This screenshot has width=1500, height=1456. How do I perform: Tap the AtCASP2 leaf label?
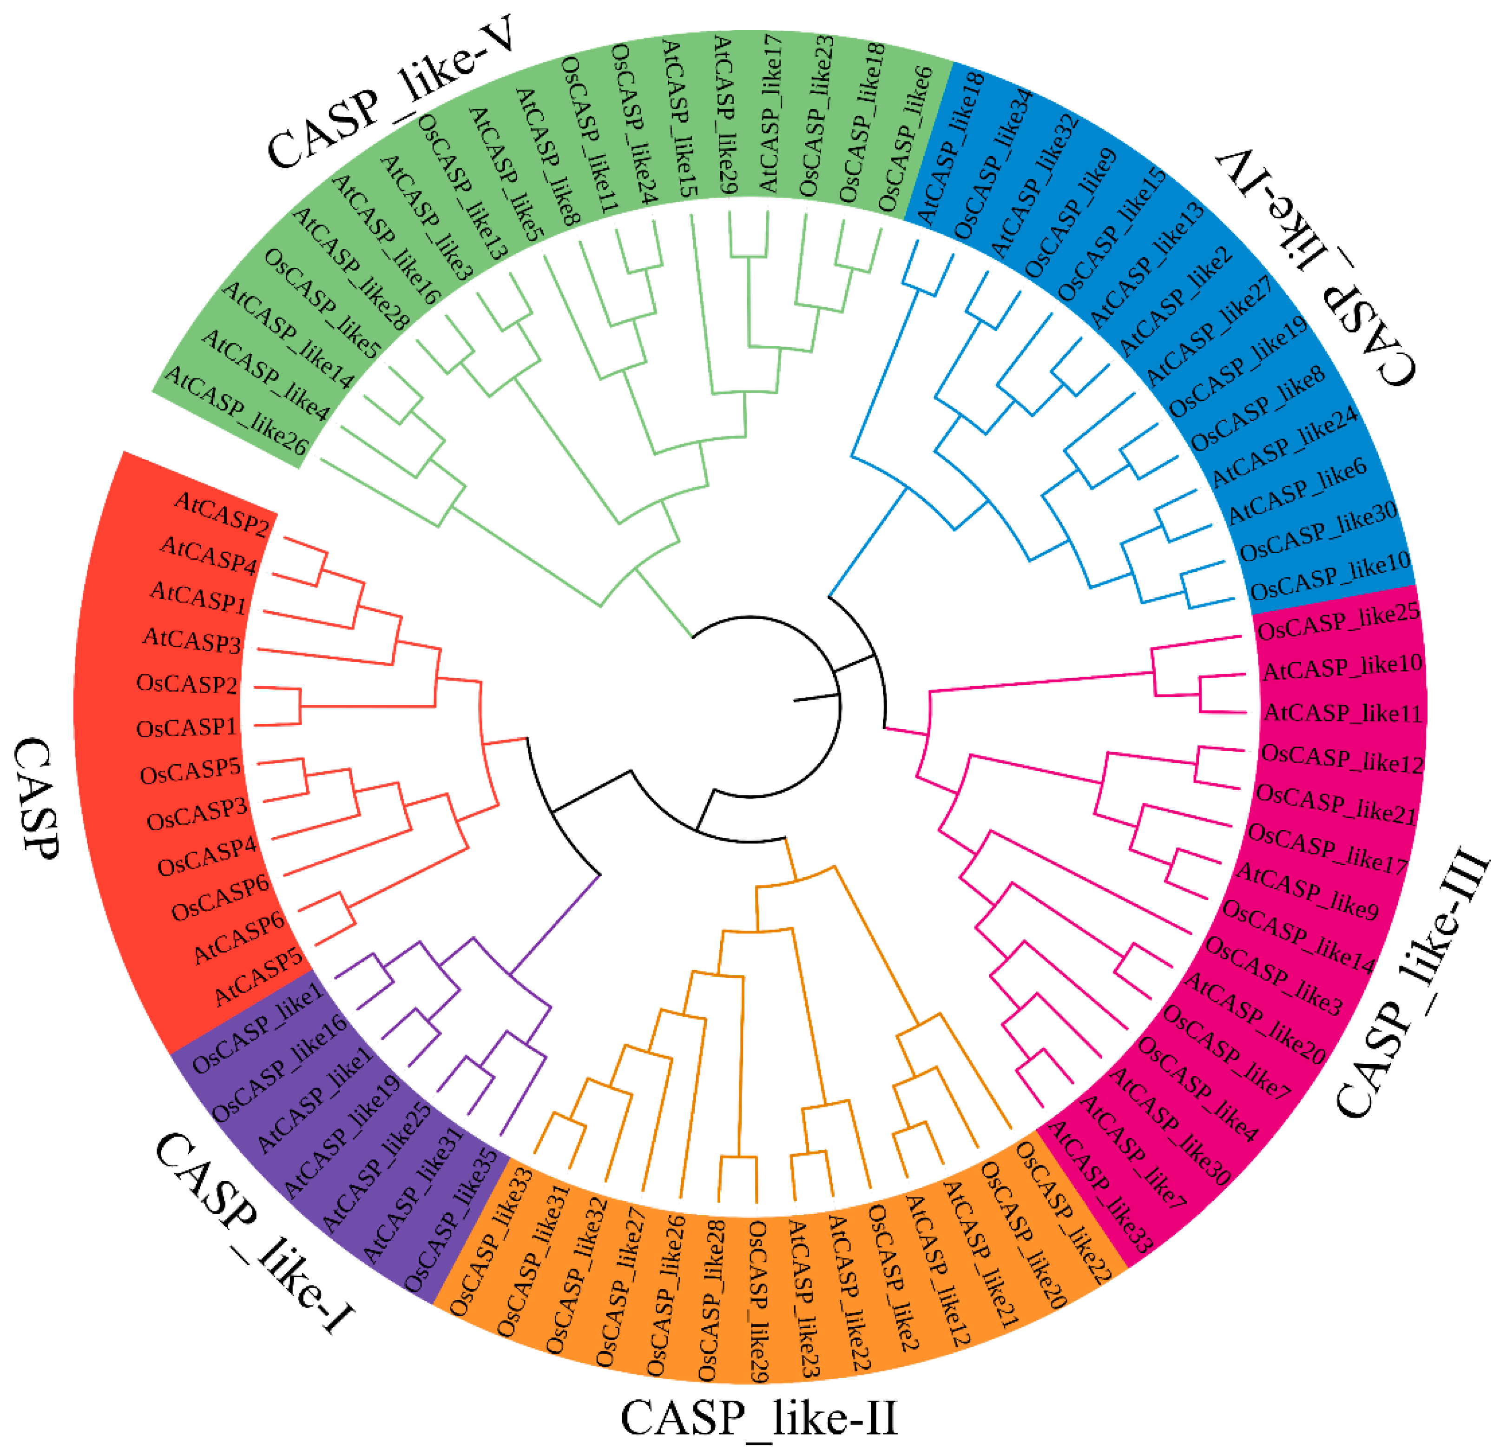point(222,515)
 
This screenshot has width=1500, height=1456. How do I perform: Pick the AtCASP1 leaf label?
point(199,596)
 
